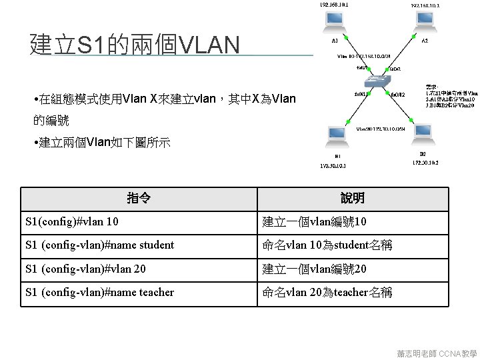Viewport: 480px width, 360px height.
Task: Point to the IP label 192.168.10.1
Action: pyautogui.click(x=333, y=5)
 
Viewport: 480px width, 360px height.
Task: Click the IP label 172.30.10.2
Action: pyautogui.click(x=425, y=162)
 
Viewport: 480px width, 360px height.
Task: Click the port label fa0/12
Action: pyautogui.click(x=398, y=95)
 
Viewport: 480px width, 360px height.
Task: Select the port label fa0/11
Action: pyautogui.click(x=360, y=94)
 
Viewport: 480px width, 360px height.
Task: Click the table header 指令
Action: pyautogui.click(x=139, y=198)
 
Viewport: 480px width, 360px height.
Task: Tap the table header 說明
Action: pyautogui.click(x=352, y=198)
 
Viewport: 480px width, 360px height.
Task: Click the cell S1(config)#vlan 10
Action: pyautogui.click(x=72, y=221)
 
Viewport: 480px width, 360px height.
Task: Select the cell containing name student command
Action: pyautogui.click(x=99, y=245)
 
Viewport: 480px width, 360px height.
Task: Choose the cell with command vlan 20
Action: pyautogui.click(x=85, y=269)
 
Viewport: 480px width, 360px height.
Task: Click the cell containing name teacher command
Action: pyautogui.click(x=99, y=293)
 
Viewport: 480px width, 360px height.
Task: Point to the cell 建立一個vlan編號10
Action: pyautogui.click(x=314, y=221)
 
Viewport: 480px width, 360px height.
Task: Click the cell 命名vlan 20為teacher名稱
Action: pyautogui.click(x=327, y=293)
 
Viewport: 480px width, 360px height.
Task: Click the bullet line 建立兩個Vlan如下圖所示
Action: pyautogui.click(x=104, y=143)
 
